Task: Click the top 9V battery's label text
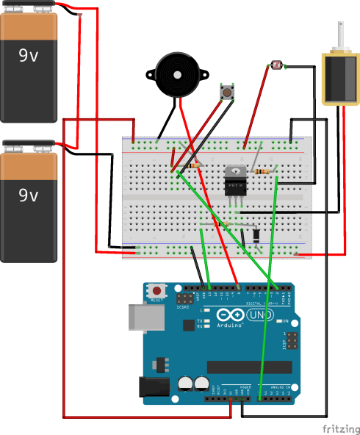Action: coord(29,56)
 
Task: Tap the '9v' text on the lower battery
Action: coord(29,195)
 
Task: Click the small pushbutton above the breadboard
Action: coord(228,93)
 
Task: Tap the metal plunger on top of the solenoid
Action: coord(339,37)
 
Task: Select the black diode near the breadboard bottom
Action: coord(253,236)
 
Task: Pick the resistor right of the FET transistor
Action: coord(261,171)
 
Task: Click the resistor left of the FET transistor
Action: coord(194,167)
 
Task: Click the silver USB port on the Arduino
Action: coord(143,318)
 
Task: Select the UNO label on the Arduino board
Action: coord(261,317)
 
